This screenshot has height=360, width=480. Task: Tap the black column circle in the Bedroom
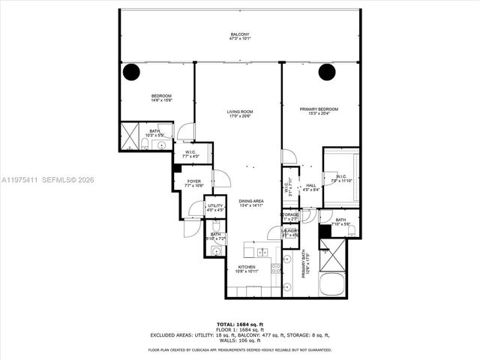131,72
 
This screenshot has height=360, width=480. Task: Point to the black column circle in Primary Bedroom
326,72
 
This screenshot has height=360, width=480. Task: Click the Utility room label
193,207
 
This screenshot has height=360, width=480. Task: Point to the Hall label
310,187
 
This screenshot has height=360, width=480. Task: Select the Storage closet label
289,216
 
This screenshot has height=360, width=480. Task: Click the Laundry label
289,233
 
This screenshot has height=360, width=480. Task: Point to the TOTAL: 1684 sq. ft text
240,323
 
